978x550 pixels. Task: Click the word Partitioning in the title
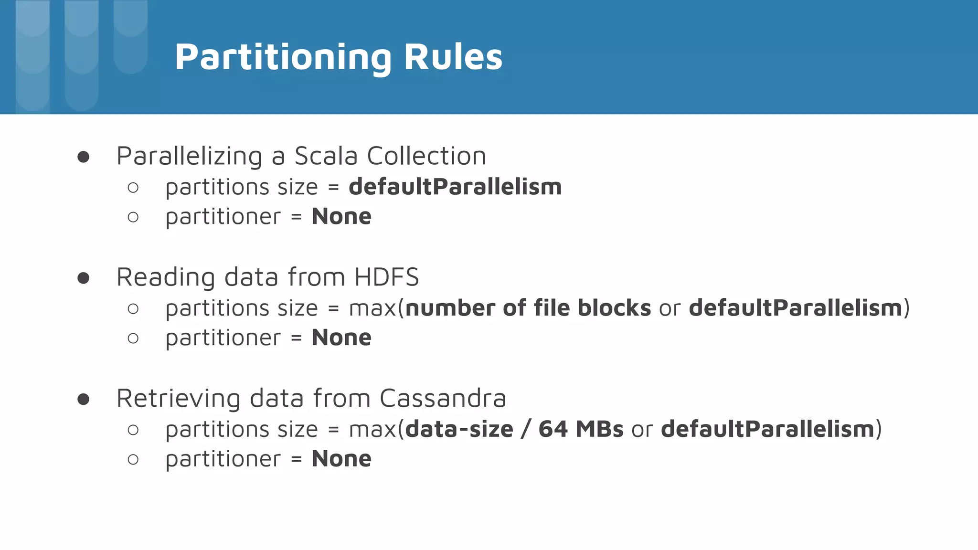[283, 57]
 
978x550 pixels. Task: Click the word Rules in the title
[453, 57]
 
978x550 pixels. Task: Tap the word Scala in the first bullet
[326, 156]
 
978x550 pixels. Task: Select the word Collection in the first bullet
[426, 156]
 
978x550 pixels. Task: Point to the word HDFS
[387, 277]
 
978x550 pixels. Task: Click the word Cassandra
[443, 398]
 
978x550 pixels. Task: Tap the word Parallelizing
[189, 156]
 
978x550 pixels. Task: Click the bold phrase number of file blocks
[528, 308]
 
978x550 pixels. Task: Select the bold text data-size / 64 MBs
[514, 429]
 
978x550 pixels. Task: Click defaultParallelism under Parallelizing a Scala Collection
[455, 187]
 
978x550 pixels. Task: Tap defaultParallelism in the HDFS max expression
[796, 308]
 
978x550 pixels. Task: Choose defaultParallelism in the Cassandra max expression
[767, 429]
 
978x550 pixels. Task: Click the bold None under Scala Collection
[341, 217]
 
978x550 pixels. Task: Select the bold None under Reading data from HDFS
[341, 338]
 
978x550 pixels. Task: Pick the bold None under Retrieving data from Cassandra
[341, 459]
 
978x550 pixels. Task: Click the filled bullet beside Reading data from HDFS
[84, 278]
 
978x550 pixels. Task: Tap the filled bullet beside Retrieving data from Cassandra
[84, 399]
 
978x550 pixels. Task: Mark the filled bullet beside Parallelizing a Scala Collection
[84, 157]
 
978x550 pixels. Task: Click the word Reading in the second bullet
[166, 277]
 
